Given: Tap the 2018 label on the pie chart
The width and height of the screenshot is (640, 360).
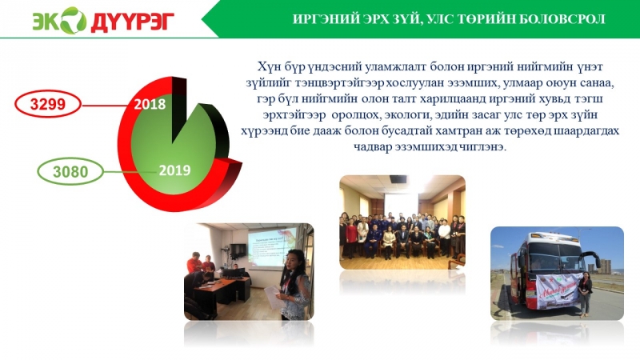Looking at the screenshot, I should pos(150,104).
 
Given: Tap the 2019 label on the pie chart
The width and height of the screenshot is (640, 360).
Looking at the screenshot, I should pos(174,170).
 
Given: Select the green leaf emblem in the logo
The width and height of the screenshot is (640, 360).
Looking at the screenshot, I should pos(72,19).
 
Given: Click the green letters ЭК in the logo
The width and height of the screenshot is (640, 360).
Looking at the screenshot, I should pos(45,20).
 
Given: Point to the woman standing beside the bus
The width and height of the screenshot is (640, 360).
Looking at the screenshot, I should pos(586,293).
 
